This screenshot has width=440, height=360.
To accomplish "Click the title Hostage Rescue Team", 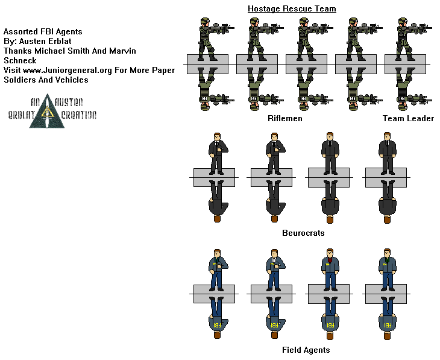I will click(x=292, y=8).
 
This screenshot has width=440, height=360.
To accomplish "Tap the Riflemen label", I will click(x=284, y=118).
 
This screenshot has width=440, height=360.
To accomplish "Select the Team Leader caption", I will click(x=408, y=118).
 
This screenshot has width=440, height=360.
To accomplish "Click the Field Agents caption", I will click(x=306, y=350).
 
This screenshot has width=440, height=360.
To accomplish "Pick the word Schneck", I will click(x=20, y=60).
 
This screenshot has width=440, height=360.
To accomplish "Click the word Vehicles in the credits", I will click(x=72, y=80).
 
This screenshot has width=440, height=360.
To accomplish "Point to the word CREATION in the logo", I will click(x=77, y=115).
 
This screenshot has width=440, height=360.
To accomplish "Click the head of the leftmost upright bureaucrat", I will click(x=216, y=137).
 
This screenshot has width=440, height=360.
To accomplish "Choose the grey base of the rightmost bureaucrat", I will click(x=385, y=177).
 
